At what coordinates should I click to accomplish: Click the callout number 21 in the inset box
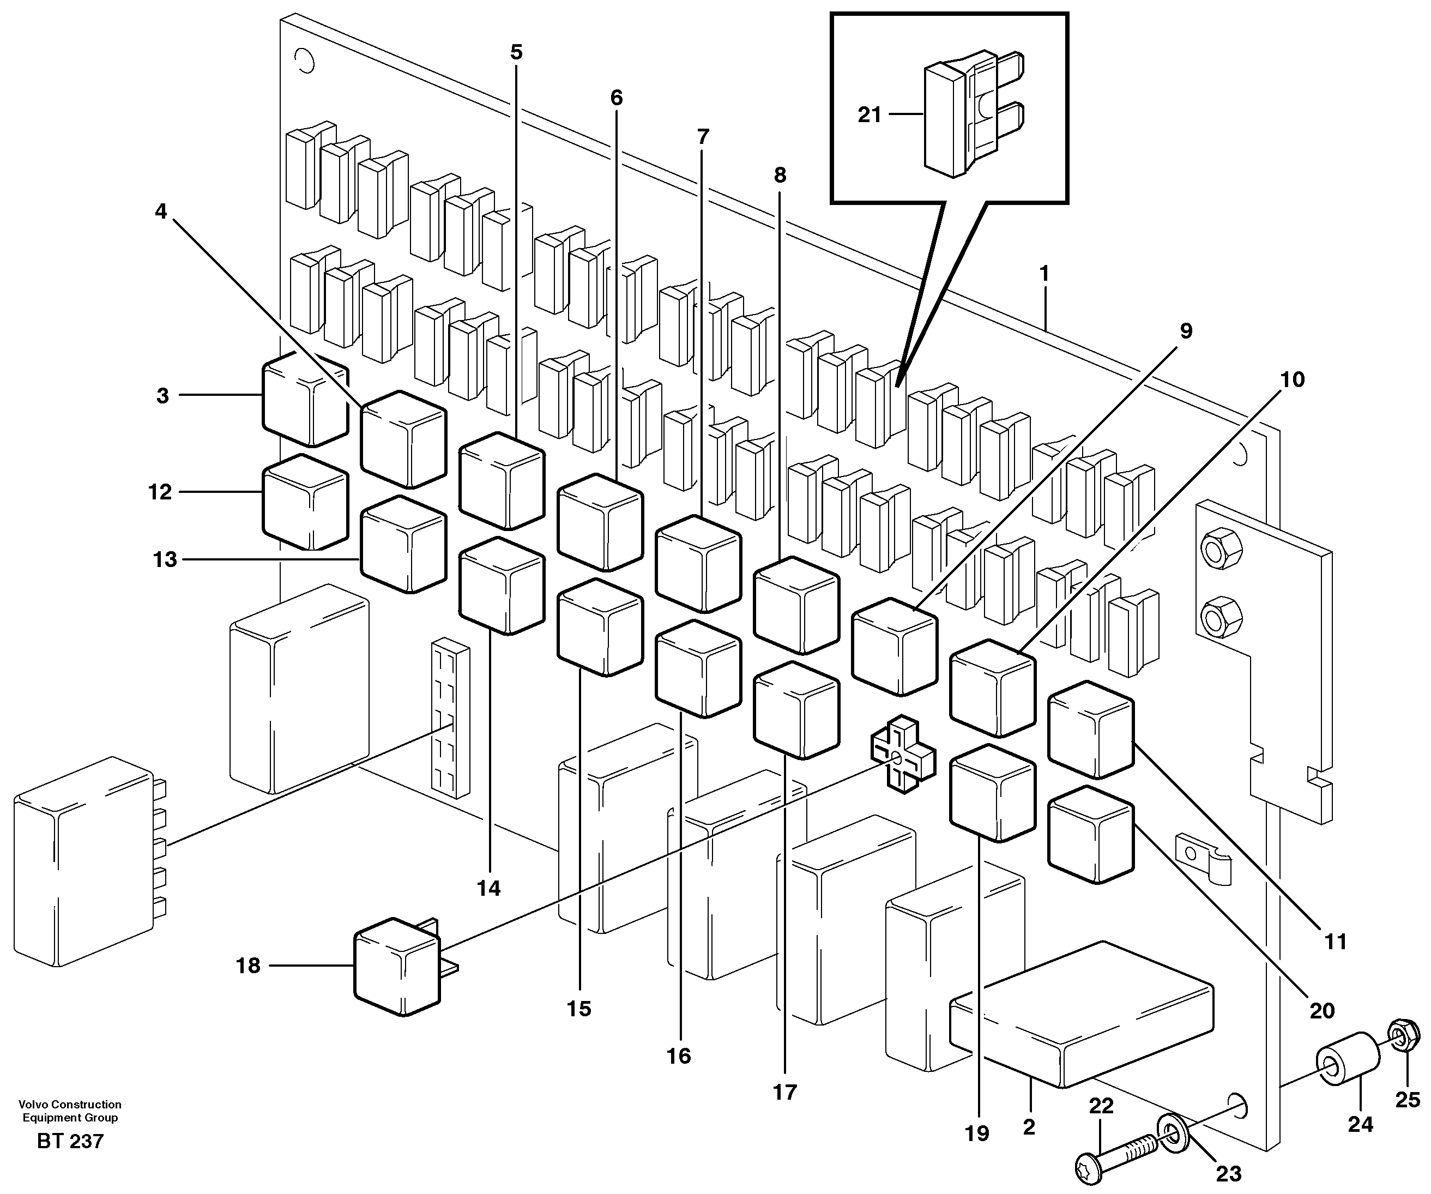coord(869,115)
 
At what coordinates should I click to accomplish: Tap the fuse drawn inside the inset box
coord(968,116)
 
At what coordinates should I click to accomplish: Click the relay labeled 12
coord(305,502)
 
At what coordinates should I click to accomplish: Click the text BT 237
coord(70,1142)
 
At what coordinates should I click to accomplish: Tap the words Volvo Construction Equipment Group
coord(70,1111)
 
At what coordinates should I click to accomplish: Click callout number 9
coord(1186,331)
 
